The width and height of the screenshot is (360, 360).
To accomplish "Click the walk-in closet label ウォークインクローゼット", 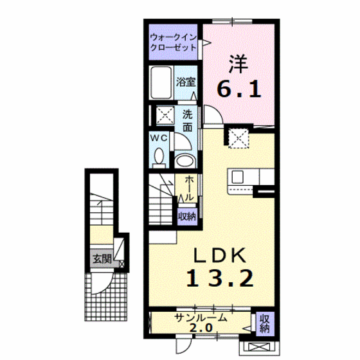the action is [x=173, y=42].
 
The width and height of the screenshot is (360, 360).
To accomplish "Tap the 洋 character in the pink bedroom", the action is [x=239, y=64].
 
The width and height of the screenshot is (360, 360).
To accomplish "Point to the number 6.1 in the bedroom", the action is [x=239, y=89].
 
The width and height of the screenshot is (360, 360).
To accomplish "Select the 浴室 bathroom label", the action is [x=186, y=82].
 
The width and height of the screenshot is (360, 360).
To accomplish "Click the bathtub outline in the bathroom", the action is [x=161, y=82].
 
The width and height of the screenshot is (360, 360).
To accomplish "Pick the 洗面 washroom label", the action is [x=187, y=121].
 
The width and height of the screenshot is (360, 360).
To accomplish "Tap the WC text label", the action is [x=159, y=138].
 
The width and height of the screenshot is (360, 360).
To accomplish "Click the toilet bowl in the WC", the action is [x=159, y=156].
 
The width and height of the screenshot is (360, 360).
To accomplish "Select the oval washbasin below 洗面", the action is [x=185, y=161].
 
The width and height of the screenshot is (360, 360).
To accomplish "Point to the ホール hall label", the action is [x=189, y=188].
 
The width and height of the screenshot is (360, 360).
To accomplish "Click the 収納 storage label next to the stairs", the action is [x=187, y=216].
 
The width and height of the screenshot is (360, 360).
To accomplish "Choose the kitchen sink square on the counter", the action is [x=238, y=177].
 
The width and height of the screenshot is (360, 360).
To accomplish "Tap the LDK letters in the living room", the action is [x=220, y=256].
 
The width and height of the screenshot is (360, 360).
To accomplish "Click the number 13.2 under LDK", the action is [x=220, y=278].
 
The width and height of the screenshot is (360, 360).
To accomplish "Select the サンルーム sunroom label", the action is [x=201, y=318].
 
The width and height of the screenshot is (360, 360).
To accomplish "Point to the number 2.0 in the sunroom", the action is [x=201, y=328].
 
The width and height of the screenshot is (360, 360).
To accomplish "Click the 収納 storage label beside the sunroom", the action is [x=265, y=324].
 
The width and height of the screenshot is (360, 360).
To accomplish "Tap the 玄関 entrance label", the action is [x=102, y=259].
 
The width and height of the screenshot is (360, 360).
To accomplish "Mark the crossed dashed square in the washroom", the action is [x=165, y=115].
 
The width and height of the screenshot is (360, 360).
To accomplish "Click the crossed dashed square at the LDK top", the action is [x=239, y=138].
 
